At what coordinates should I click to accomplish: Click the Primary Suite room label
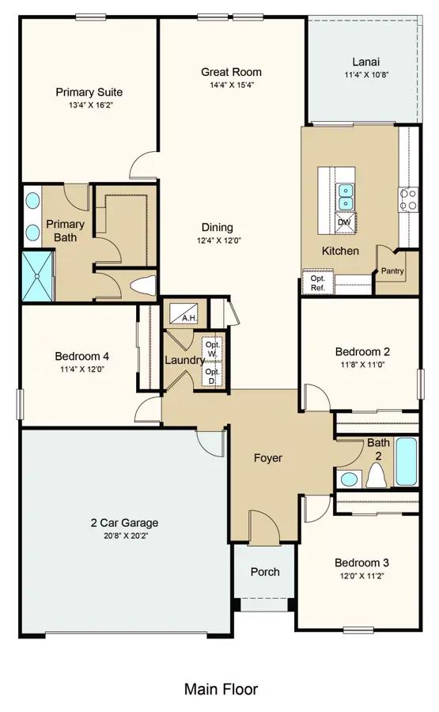pyautogui.click(x=89, y=93)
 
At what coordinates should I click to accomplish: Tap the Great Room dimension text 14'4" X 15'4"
pyautogui.click(x=231, y=85)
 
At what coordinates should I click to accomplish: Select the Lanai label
pyautogui.click(x=366, y=62)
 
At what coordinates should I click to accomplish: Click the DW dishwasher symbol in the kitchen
pyautogui.click(x=345, y=222)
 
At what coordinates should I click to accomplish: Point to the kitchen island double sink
pyautogui.click(x=345, y=195)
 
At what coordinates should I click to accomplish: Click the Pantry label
pyautogui.click(x=392, y=271)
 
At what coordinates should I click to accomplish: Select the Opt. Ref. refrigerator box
pyautogui.click(x=318, y=282)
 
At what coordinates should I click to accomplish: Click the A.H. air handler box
pyautogui.click(x=185, y=312)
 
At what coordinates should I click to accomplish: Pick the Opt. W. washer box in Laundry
pyautogui.click(x=213, y=348)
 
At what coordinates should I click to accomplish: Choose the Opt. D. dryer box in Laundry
pyautogui.click(x=213, y=375)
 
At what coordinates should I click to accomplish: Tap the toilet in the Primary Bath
pyautogui.click(x=142, y=285)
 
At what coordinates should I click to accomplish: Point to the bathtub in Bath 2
pyautogui.click(x=406, y=462)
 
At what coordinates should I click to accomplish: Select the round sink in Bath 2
pyautogui.click(x=349, y=479)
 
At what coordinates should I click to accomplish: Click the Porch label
pyautogui.click(x=265, y=572)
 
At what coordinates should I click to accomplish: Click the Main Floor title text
pyautogui.click(x=221, y=689)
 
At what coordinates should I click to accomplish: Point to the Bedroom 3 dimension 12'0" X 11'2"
pyautogui.click(x=361, y=576)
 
